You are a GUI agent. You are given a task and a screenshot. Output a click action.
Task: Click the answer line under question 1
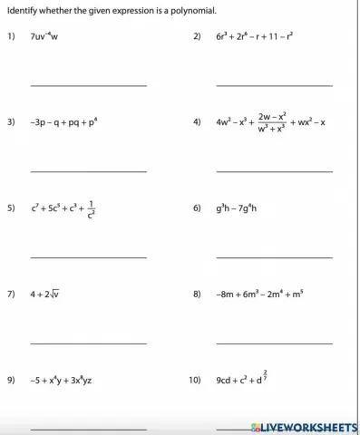point(88,85)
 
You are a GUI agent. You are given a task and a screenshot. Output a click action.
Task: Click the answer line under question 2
point(274,85)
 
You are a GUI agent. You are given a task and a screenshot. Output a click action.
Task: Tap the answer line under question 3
point(88,170)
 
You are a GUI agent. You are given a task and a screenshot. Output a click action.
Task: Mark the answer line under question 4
point(274,170)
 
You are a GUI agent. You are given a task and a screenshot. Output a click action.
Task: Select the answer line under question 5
point(88,256)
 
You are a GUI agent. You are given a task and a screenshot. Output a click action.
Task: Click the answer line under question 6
point(274,256)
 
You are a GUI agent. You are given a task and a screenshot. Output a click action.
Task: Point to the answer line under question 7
point(88,343)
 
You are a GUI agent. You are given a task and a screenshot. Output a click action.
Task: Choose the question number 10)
point(195,381)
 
